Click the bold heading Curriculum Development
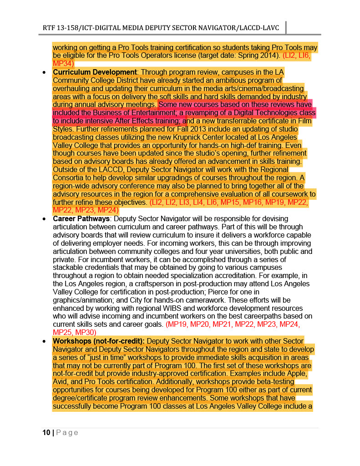click(x=95, y=72)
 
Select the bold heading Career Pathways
click(x=81, y=219)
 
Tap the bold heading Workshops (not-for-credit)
click(x=99, y=340)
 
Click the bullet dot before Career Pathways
click(x=43, y=219)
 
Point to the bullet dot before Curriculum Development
click(x=43, y=72)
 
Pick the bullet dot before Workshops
click(x=43, y=341)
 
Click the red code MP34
click(x=62, y=63)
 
